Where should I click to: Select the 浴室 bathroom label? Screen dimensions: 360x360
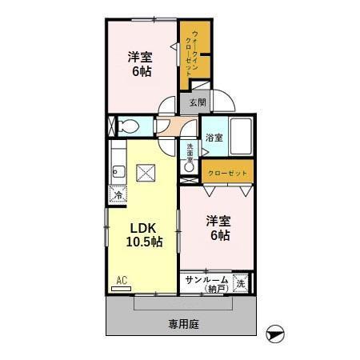click(x=214, y=138)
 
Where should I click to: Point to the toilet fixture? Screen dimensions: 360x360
click(x=128, y=126)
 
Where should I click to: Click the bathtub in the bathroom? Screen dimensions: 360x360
click(x=241, y=136)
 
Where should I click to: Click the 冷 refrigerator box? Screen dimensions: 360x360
click(x=118, y=194)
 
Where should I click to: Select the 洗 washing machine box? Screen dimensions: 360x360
click(x=240, y=282)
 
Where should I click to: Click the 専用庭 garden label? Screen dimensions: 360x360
click(x=183, y=324)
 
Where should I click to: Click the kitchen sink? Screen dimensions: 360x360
click(x=118, y=170)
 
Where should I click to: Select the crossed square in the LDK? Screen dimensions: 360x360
click(x=146, y=172)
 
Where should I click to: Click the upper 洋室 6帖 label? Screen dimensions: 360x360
click(x=141, y=63)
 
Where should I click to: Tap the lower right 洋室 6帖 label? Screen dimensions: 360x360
click(x=219, y=228)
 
